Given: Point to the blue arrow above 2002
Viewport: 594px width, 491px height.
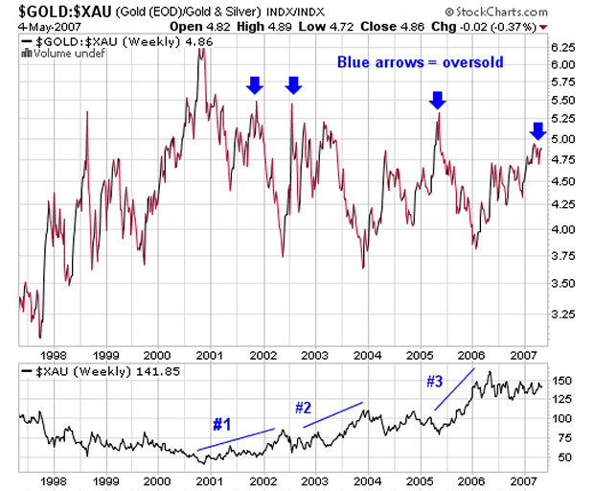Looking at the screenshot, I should (254, 84).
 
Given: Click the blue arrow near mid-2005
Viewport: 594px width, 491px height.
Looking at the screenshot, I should (437, 99).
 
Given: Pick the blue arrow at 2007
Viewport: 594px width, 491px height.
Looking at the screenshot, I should (537, 130).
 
